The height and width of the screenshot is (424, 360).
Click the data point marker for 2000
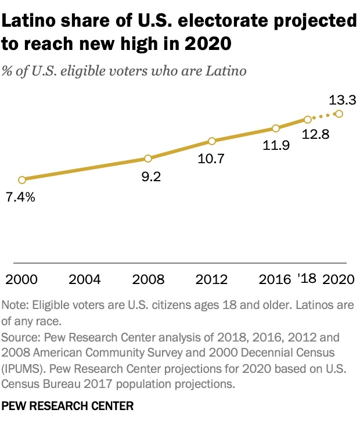[x=21, y=180]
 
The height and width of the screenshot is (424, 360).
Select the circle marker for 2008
[x=148, y=159]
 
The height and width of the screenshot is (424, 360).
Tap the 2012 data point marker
[x=212, y=141]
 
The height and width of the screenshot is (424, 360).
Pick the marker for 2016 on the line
[x=276, y=128]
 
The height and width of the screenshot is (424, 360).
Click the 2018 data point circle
[x=308, y=120]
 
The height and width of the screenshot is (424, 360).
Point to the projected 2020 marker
[x=339, y=114]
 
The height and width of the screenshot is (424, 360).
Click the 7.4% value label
[x=21, y=198]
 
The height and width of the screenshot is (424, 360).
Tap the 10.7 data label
[x=211, y=159]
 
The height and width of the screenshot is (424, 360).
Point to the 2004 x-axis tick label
[x=85, y=279]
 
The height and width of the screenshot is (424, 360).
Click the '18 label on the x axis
[x=306, y=279]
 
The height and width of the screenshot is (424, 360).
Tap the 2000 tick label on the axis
[x=21, y=279]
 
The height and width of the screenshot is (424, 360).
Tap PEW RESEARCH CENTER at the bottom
[x=68, y=407]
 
